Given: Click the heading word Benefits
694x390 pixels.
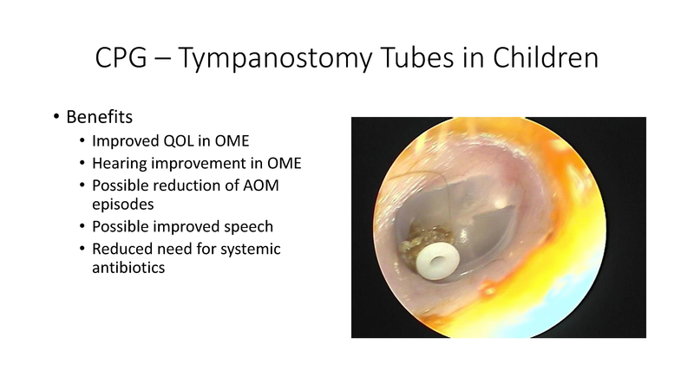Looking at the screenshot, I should (x=103, y=116).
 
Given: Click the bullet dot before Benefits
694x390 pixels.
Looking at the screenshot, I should (x=58, y=117).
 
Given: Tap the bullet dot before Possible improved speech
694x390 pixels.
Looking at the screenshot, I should (x=82, y=228).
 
